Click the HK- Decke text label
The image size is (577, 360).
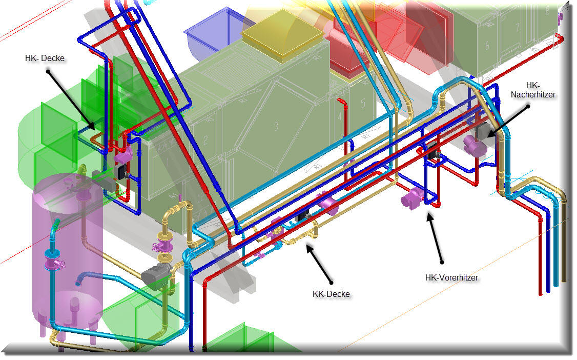45,58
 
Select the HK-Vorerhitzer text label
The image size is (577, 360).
451,277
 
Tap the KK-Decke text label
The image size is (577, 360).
331,294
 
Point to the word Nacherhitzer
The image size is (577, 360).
533,94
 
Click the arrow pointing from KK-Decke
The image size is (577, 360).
319,265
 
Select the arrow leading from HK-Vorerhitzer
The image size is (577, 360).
435,238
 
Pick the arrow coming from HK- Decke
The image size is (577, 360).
71,101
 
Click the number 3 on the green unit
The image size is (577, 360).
276,126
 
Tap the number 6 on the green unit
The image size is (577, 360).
487,46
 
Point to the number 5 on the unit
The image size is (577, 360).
363,103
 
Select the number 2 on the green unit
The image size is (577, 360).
205,140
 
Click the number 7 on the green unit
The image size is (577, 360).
518,27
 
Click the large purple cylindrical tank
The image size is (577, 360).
68,254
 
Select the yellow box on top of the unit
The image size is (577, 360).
282,37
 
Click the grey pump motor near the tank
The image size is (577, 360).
156,274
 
